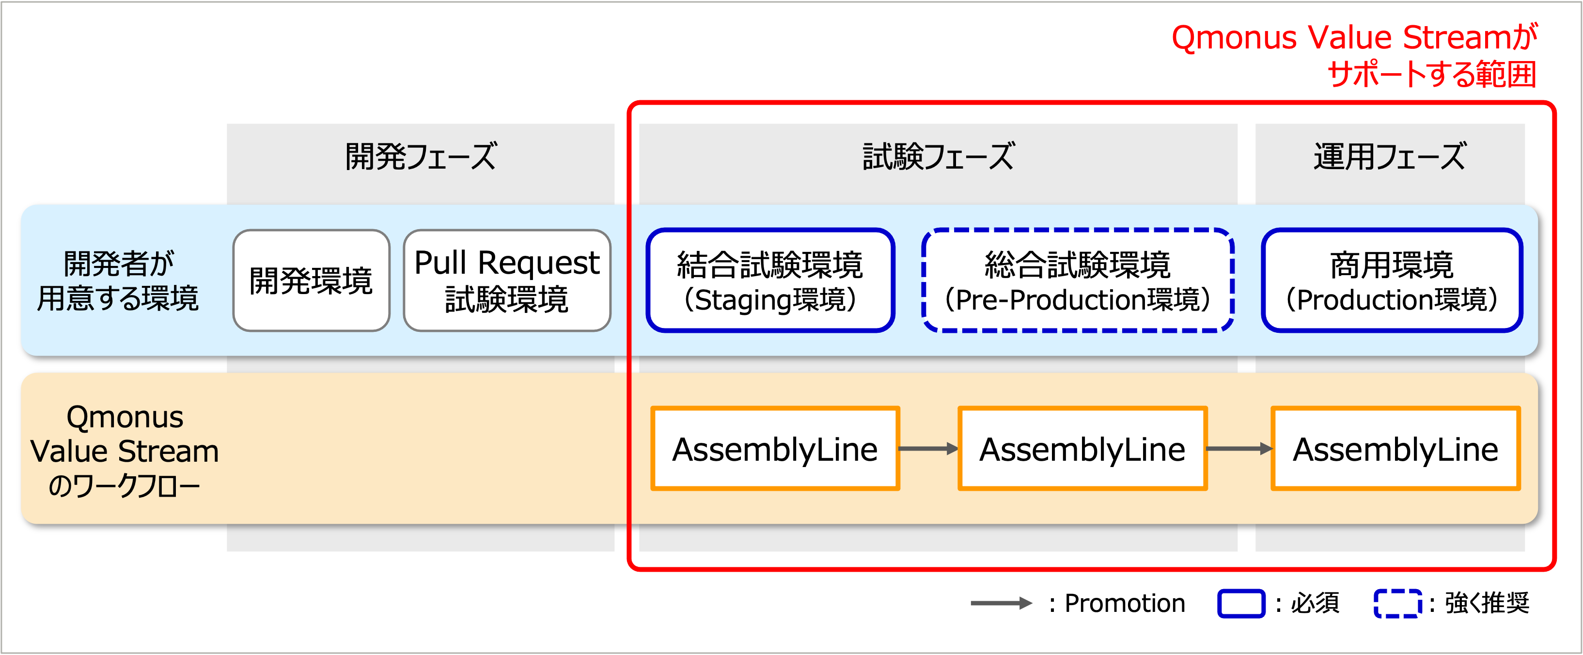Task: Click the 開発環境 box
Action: pyautogui.click(x=311, y=281)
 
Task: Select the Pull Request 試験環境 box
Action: pyautogui.click(x=507, y=281)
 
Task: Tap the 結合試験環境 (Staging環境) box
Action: pyautogui.click(x=770, y=281)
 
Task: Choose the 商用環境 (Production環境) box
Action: pyautogui.click(x=1392, y=281)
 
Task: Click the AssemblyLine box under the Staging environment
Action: pyautogui.click(x=775, y=449)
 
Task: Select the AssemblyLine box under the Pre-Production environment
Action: pyautogui.click(x=1082, y=449)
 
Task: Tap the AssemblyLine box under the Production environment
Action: pyautogui.click(x=1395, y=449)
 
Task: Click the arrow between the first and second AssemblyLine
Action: pyautogui.click(x=928, y=449)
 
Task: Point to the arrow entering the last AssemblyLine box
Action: pyautogui.click(x=1239, y=449)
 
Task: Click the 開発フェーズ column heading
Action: pyautogui.click(x=421, y=156)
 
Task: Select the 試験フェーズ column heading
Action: pyautogui.click(x=939, y=156)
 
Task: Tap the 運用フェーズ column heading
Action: pyautogui.click(x=1390, y=156)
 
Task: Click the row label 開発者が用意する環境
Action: pyautogui.click(x=118, y=281)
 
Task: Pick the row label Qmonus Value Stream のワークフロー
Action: pyautogui.click(x=125, y=451)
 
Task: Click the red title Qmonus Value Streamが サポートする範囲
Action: pyautogui.click(x=1354, y=55)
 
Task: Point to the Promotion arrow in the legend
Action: pyautogui.click(x=1001, y=603)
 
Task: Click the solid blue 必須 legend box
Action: pyautogui.click(x=1241, y=603)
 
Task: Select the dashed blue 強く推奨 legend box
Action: pyautogui.click(x=1397, y=603)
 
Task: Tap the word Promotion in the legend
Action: pyautogui.click(x=1125, y=603)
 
